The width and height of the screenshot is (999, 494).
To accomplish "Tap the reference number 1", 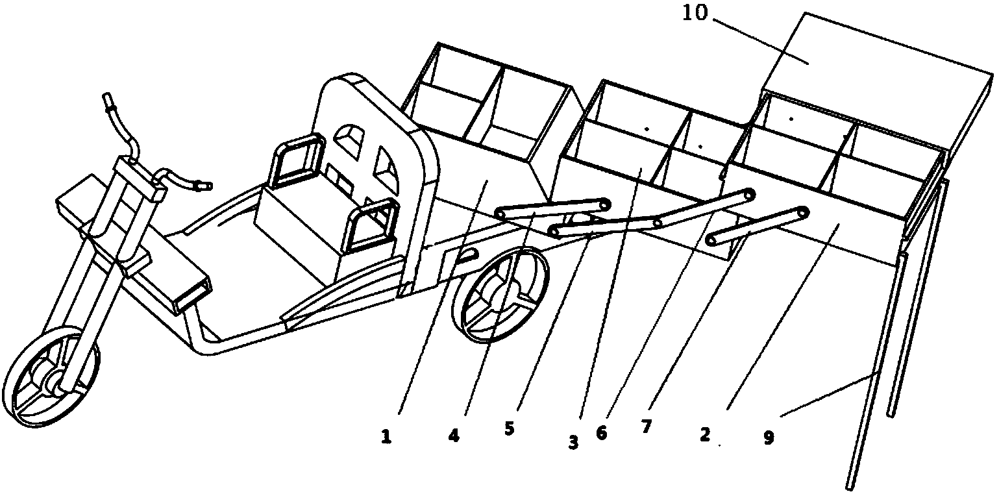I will (387, 437).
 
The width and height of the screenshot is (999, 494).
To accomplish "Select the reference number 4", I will (454, 436).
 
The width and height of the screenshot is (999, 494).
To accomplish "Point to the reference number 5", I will (510, 429).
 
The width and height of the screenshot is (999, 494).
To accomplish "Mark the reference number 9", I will (769, 438).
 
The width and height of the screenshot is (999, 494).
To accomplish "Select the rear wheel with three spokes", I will (500, 295).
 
